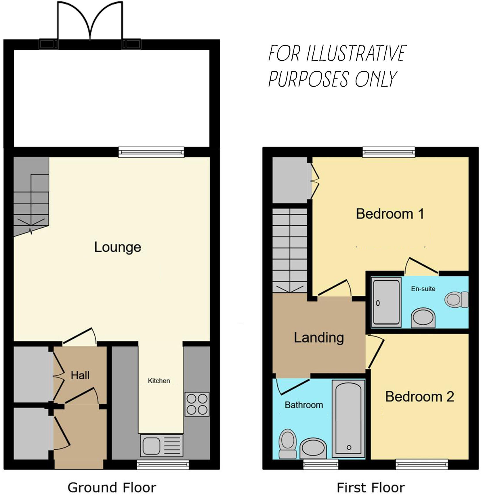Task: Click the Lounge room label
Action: click(x=118, y=247)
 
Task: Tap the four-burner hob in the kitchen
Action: click(x=197, y=404)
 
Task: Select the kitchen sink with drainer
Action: click(x=161, y=445)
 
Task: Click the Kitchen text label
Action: click(x=159, y=381)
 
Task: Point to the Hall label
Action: click(x=80, y=375)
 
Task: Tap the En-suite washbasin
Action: click(x=423, y=318)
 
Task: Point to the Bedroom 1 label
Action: click(x=390, y=214)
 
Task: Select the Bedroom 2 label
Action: click(x=419, y=397)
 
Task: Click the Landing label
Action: click(x=319, y=338)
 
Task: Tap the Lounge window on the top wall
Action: click(x=151, y=152)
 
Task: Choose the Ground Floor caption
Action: click(x=112, y=488)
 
